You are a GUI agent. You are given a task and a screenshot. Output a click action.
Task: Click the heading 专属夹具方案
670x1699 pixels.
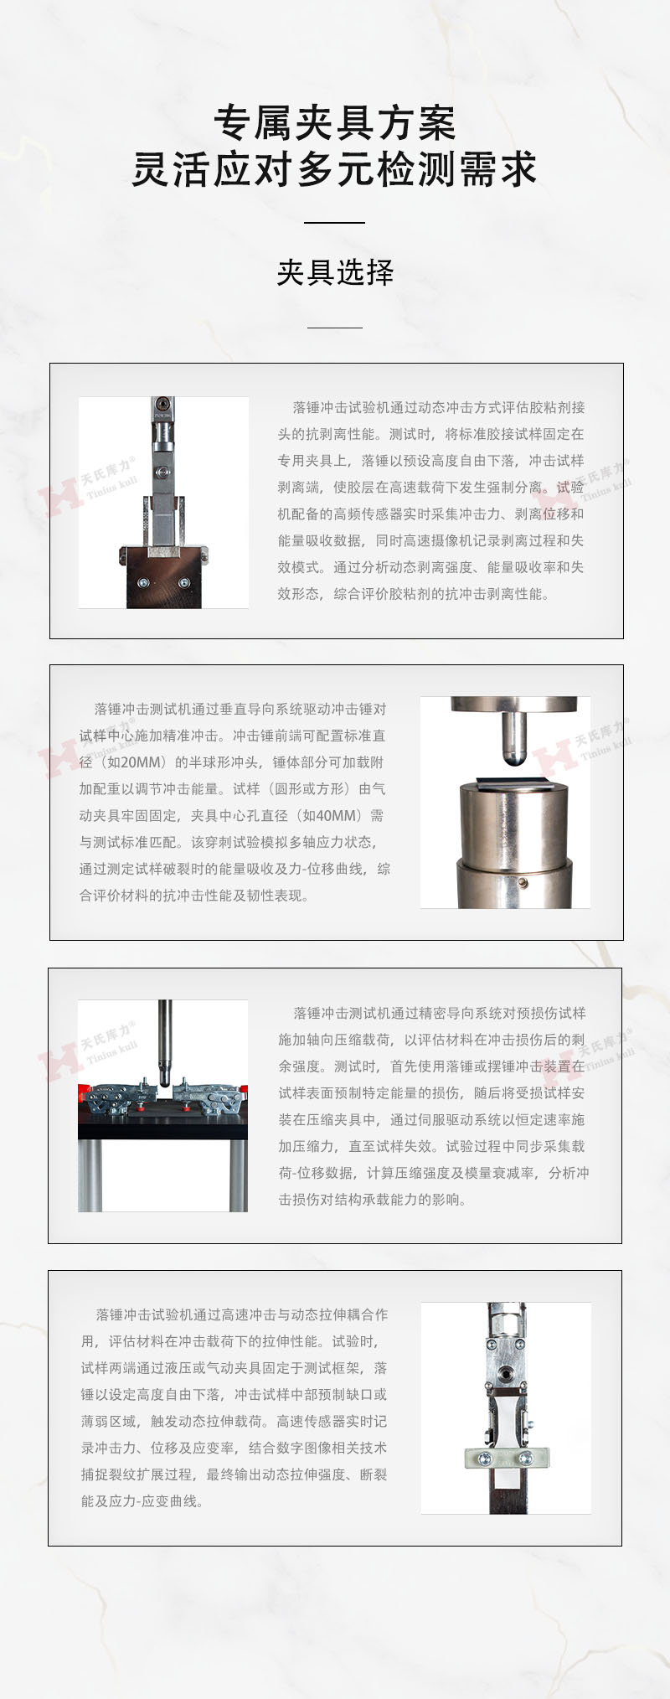tap(335, 124)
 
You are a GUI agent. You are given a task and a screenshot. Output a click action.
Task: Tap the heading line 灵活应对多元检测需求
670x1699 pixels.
tap(335, 169)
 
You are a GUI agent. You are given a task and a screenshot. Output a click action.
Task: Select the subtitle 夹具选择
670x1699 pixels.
tap(335, 272)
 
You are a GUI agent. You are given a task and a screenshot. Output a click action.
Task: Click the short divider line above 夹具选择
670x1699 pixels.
tap(335, 223)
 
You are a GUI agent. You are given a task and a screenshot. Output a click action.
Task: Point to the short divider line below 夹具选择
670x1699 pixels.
tap(335, 328)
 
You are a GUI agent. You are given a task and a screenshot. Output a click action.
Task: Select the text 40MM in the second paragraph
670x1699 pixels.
tap(341, 815)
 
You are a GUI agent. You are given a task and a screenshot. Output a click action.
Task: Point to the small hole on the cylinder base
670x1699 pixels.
tap(523, 882)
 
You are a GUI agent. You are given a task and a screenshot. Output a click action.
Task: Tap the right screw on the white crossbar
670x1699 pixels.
tap(526, 1459)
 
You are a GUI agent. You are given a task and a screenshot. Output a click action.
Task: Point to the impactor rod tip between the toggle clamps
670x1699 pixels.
tap(165, 1076)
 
